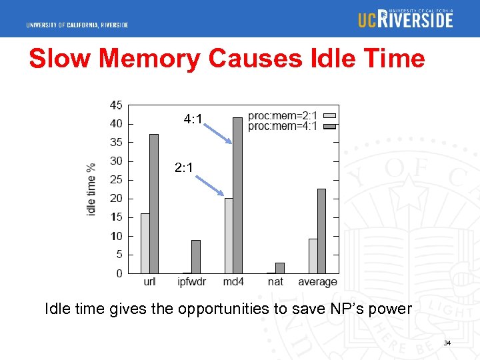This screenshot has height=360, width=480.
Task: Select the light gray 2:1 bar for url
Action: (145, 243)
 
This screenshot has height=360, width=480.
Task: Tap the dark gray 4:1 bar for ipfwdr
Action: (195, 257)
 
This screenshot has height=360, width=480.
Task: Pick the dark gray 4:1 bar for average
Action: (321, 231)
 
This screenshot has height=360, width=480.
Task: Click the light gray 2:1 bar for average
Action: (313, 256)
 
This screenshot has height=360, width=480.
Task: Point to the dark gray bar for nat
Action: (279, 268)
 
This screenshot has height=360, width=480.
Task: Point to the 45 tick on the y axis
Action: (115, 105)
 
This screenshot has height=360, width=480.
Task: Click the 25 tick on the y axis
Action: (115, 179)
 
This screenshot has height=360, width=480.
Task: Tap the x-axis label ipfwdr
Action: (191, 282)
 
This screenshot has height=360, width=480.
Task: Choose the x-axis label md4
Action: (233, 282)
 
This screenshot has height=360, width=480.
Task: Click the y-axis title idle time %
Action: (91, 189)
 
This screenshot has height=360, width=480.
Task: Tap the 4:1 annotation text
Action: (193, 120)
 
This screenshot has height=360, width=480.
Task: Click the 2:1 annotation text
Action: (184, 168)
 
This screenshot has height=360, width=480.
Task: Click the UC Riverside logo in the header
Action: (405, 19)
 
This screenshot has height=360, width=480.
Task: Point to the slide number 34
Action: (447, 343)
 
